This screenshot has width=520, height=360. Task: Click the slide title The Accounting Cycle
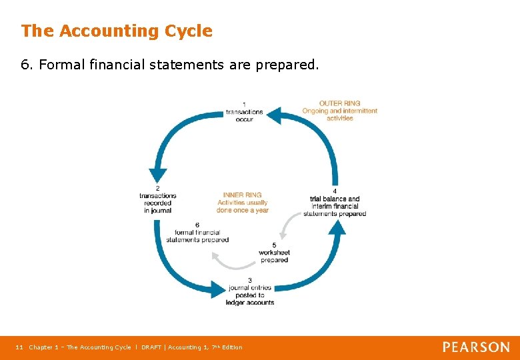pos(117,31)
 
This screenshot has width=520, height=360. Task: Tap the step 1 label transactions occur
pos(244,111)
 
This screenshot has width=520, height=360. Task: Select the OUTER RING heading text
pos(339,103)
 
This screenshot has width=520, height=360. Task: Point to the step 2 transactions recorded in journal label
pos(157,199)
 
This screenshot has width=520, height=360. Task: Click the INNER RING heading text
pos(242,195)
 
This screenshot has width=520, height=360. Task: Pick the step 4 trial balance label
pos(335,202)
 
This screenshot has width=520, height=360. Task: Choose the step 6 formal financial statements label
pos(197,233)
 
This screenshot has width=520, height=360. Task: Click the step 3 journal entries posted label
pos(251,291)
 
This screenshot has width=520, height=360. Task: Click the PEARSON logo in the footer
pos(476,347)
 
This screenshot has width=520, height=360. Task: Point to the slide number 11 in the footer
pos(19,347)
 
